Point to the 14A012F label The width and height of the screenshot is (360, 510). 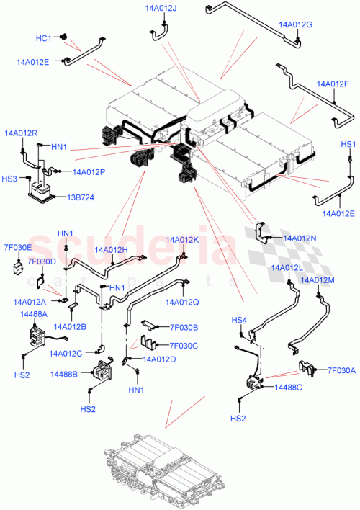(x=331, y=84)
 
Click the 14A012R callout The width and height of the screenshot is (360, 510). (x=21, y=133)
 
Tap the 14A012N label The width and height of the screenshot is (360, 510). (x=300, y=237)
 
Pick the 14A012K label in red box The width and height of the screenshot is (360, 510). (x=181, y=240)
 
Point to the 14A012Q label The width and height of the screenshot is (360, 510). (x=181, y=302)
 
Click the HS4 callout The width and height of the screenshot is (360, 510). (x=238, y=320)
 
